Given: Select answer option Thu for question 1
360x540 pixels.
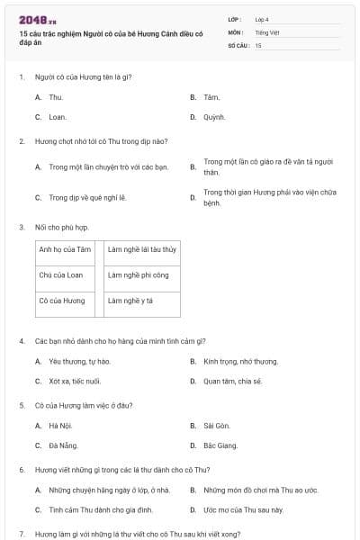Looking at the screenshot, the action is point(56,96).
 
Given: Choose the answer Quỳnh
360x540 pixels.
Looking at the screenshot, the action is point(214,117).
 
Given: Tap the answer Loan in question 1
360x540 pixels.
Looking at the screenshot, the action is point(58,117).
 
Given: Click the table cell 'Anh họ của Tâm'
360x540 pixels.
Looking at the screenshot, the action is point(66,249).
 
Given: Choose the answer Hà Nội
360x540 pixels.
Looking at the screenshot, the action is point(60,425).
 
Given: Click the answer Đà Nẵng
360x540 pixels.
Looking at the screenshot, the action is point(62,445).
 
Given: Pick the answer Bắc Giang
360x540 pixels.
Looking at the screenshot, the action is point(220,445).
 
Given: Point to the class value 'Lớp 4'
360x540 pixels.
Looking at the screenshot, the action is point(262,19).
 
